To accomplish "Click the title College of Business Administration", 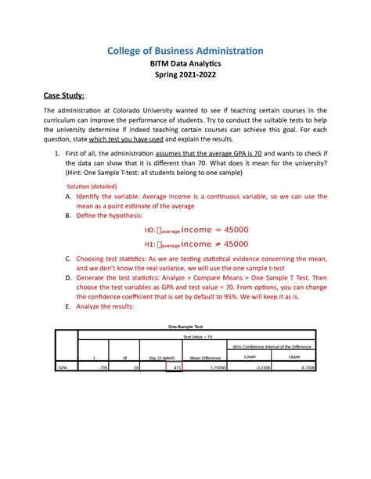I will tap(185, 51).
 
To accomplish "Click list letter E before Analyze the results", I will tap(69, 307).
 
